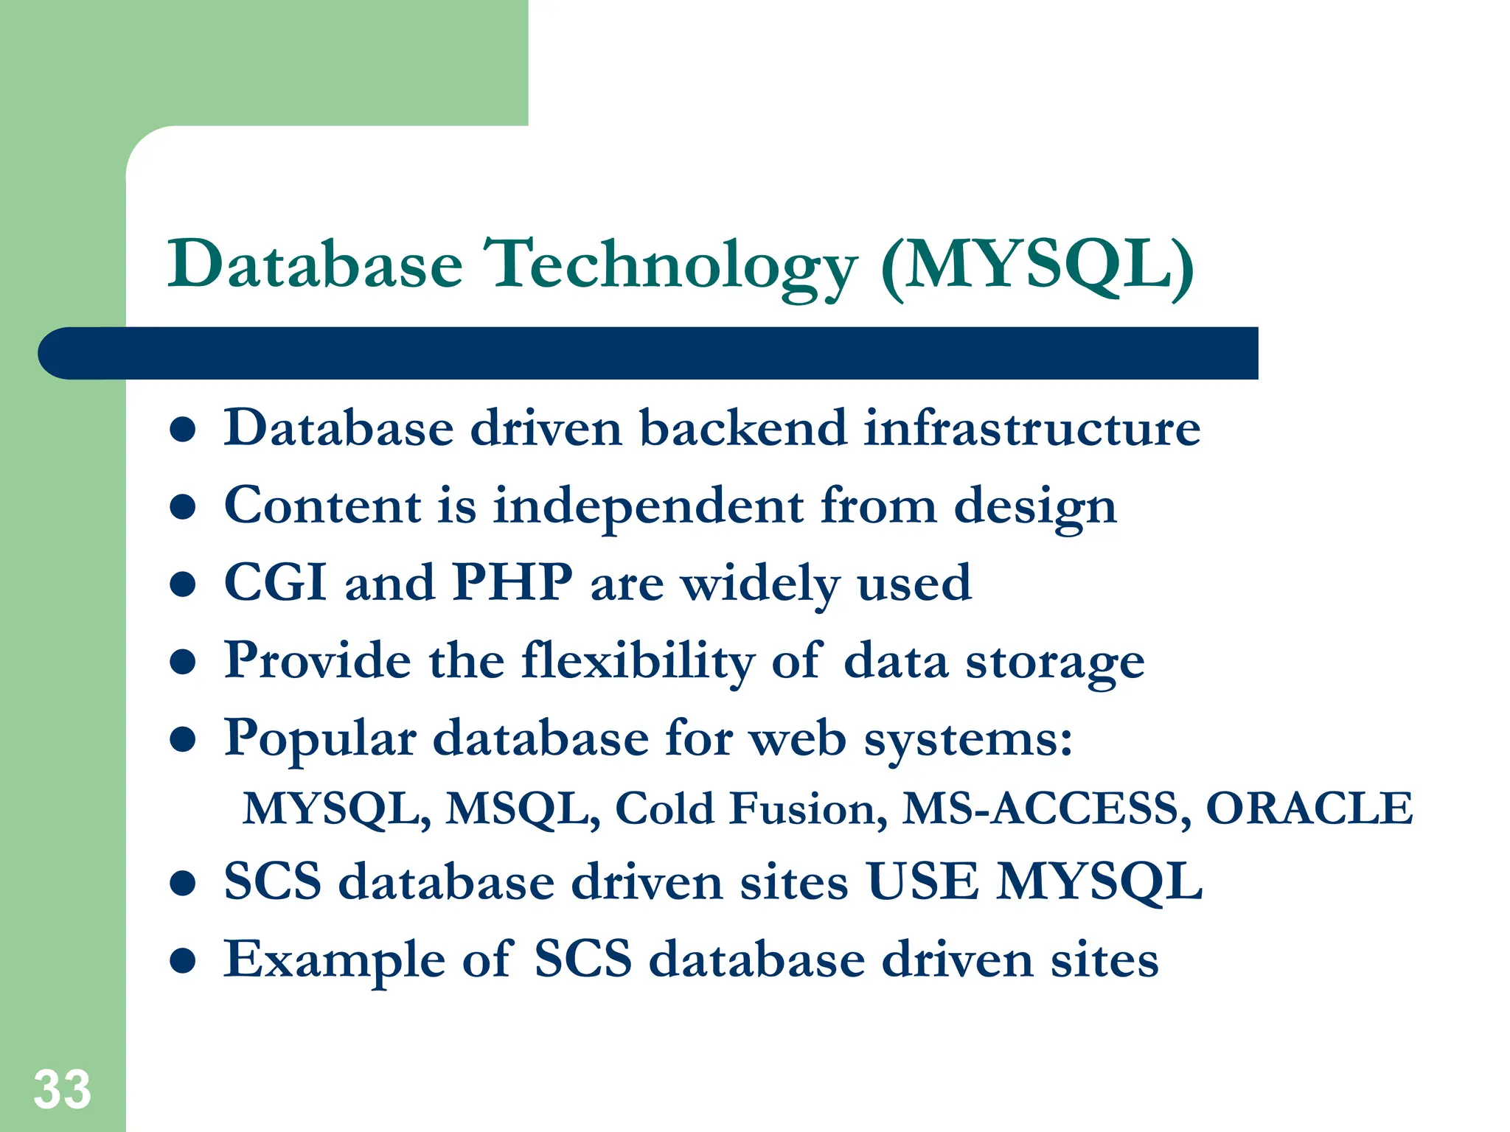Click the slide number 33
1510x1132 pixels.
pos(62,1089)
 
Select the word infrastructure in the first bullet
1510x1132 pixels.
pos(1031,428)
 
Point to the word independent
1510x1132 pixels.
pos(648,506)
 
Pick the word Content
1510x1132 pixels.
pos(322,506)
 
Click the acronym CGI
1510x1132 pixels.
pos(275,583)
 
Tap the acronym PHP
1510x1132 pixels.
pos(512,583)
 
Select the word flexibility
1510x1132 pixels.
pos(637,660)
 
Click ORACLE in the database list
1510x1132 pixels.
pos(1309,808)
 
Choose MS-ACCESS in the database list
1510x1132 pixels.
pos(1046,808)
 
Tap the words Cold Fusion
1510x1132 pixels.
pos(751,808)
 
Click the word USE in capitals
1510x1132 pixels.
pos(922,881)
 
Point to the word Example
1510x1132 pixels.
pos(334,960)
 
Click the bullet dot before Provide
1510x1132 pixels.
pos(182,662)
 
